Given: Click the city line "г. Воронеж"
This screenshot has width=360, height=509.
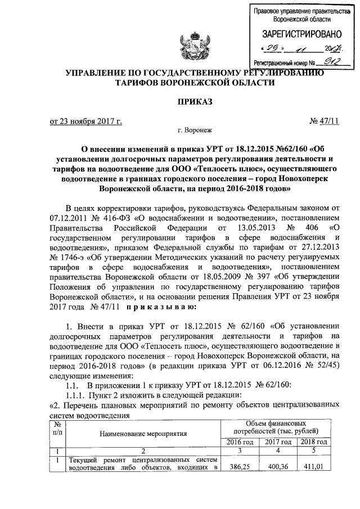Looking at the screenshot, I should click(195, 130).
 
